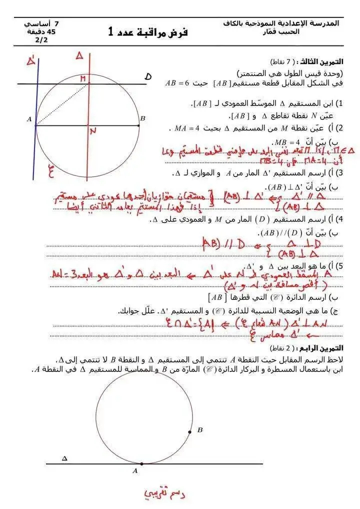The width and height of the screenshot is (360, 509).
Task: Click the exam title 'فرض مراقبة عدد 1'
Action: [x=147, y=32]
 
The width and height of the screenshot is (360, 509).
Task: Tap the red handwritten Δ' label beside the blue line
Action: [x=31, y=61]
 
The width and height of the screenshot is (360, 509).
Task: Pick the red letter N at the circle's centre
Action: [x=92, y=131]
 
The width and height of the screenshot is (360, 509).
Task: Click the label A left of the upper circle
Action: [x=29, y=119]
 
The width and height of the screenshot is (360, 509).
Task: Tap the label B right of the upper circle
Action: [x=142, y=118]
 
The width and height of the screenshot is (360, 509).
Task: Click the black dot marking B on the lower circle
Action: [x=189, y=432]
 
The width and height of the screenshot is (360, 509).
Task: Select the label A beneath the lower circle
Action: [x=135, y=470]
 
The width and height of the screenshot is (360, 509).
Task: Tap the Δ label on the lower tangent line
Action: [x=64, y=458]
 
